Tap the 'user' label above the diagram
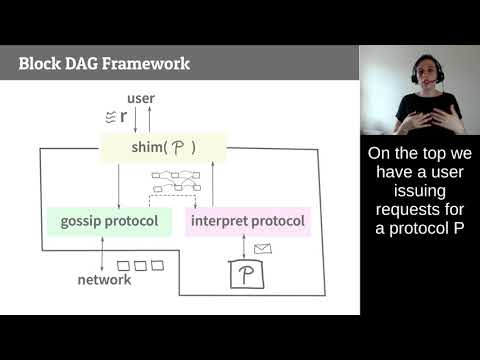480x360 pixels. [142, 98]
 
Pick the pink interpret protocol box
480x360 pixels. [247, 220]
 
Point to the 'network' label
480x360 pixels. [104, 280]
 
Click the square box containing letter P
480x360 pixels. [245, 273]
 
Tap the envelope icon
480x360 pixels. [263, 248]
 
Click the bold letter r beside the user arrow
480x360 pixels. [122, 115]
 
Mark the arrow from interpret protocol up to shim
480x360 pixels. [213, 186]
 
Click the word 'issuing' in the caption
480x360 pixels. [419, 191]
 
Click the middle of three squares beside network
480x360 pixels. [141, 266]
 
